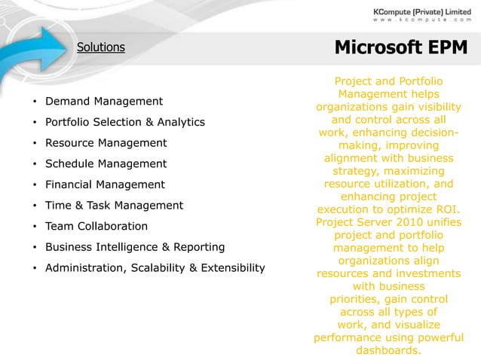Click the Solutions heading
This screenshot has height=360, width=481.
[100, 47]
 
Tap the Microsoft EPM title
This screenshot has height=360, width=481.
[400, 47]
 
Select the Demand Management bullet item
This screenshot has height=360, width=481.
[104, 101]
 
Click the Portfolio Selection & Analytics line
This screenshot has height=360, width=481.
[125, 122]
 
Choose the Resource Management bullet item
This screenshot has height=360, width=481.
[106, 142]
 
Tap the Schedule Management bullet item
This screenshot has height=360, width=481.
[106, 163]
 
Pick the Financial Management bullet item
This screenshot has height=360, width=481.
[105, 185]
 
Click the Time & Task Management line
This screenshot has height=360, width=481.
[114, 205]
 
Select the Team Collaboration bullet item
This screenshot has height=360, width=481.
[97, 226]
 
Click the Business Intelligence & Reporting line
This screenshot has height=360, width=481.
[135, 247]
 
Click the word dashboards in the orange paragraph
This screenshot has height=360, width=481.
[388, 351]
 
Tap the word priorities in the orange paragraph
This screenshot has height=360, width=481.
[358, 299]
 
